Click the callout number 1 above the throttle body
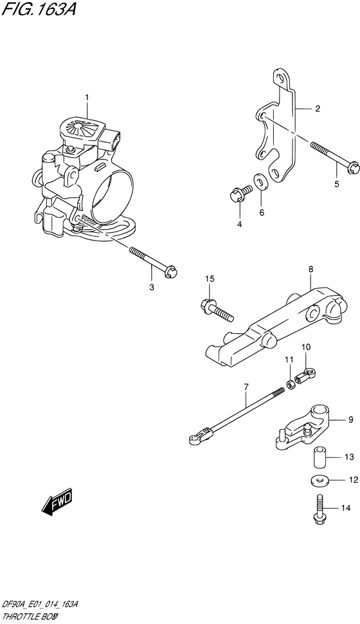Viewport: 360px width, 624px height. [x=87, y=97]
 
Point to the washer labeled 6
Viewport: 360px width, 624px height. [x=262, y=182]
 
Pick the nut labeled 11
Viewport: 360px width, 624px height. [x=290, y=384]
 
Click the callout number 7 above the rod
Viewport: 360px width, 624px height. [x=246, y=386]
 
